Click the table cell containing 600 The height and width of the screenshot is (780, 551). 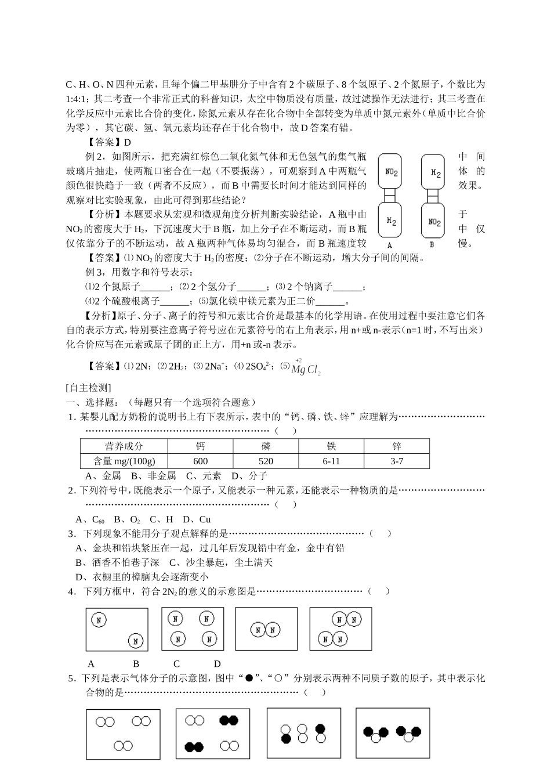point(200,461)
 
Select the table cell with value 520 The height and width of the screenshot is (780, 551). point(266,461)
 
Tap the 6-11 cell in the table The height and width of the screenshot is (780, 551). point(331,461)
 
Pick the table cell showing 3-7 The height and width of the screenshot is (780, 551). point(397,461)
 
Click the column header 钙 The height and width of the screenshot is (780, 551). point(200,446)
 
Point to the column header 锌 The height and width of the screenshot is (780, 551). point(397,446)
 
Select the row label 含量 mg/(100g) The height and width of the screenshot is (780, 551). point(124,461)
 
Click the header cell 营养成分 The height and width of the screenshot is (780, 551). point(124,446)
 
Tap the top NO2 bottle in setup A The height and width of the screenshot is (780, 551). point(391,172)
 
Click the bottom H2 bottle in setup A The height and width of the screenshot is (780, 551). point(391,221)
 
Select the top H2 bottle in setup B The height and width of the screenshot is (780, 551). point(435,172)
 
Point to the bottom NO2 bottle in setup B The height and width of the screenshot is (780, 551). point(435,221)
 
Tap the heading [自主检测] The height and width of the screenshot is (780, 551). point(89,387)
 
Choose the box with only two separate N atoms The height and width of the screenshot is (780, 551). point(117,629)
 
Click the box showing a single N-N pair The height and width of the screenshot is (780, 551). point(266,629)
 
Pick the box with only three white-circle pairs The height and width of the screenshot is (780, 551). point(123,734)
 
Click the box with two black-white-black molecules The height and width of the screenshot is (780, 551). point(393,734)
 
